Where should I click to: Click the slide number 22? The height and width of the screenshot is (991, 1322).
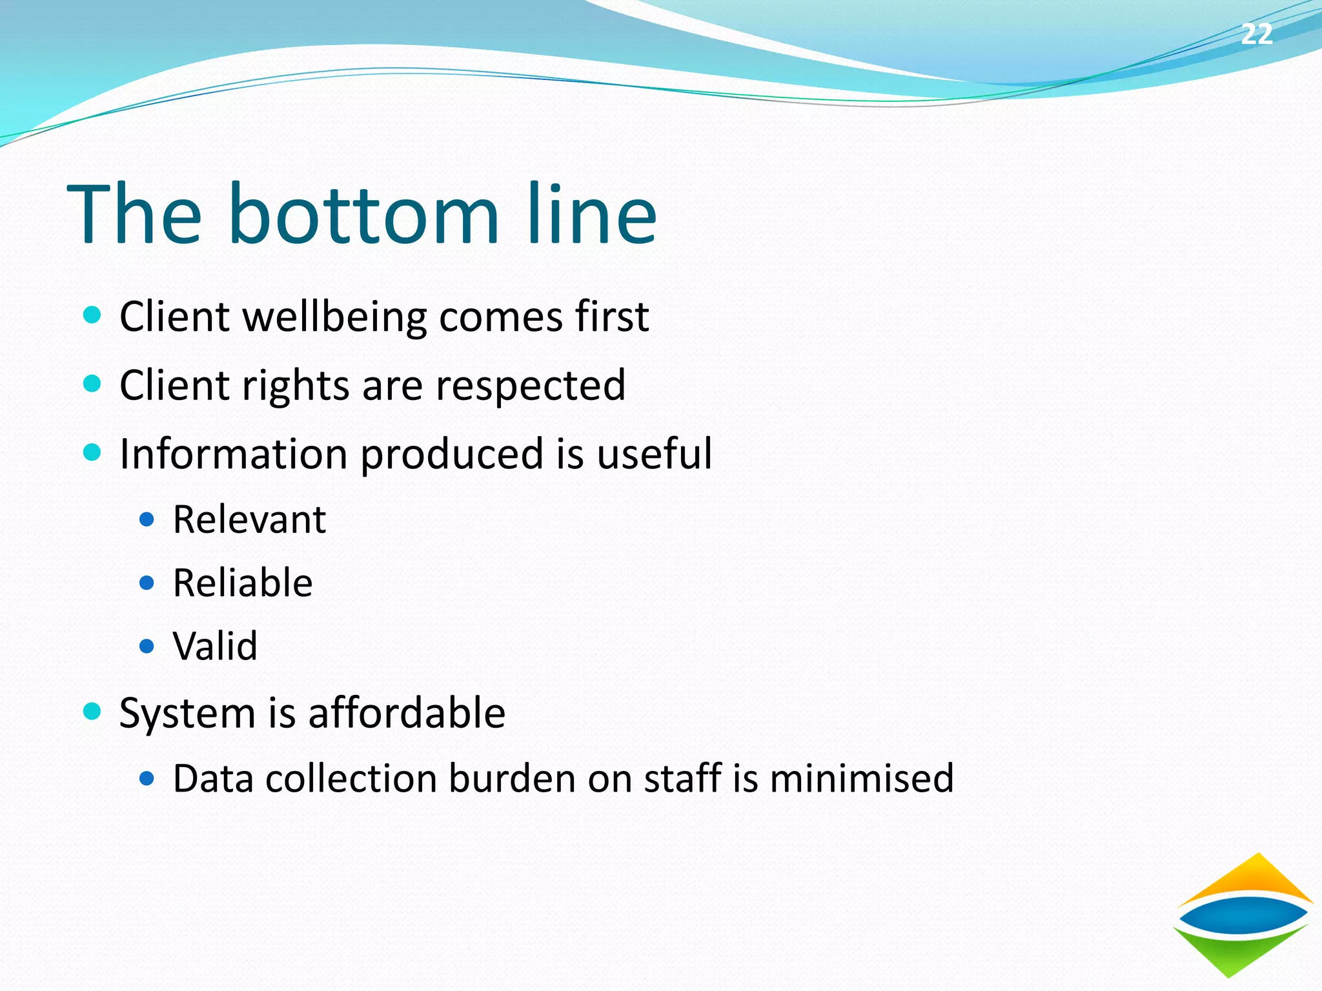[1256, 34]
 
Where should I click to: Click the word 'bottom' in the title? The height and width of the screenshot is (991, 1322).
[363, 214]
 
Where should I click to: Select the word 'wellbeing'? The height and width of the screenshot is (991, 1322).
[334, 317]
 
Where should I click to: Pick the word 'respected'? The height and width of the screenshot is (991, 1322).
[530, 386]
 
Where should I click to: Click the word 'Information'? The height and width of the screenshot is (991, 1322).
[234, 454]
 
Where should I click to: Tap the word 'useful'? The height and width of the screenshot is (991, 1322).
[654, 454]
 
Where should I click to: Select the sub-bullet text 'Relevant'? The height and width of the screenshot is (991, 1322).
[249, 519]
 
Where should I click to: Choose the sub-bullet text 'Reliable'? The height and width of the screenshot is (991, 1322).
[243, 583]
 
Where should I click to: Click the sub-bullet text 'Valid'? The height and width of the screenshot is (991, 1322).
[215, 646]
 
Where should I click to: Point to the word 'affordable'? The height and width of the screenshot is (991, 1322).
[407, 713]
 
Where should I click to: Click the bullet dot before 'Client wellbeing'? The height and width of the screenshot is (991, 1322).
[93, 315]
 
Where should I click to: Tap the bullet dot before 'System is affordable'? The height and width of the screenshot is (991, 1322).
[93, 712]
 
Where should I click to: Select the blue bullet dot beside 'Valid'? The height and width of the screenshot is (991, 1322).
[147, 646]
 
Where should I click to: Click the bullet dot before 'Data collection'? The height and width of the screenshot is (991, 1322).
[147, 779]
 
